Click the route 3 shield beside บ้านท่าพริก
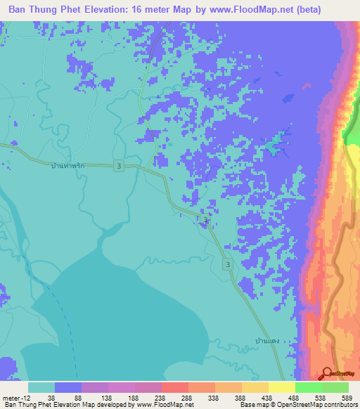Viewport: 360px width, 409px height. (x=119, y=165)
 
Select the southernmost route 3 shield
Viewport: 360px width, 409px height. (x=228, y=264)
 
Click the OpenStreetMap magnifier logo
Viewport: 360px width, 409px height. (x=328, y=375)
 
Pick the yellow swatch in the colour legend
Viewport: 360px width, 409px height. (x=281, y=387)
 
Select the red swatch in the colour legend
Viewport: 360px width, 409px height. (x=174, y=387)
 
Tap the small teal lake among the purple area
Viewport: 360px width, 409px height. (x=275, y=145)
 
